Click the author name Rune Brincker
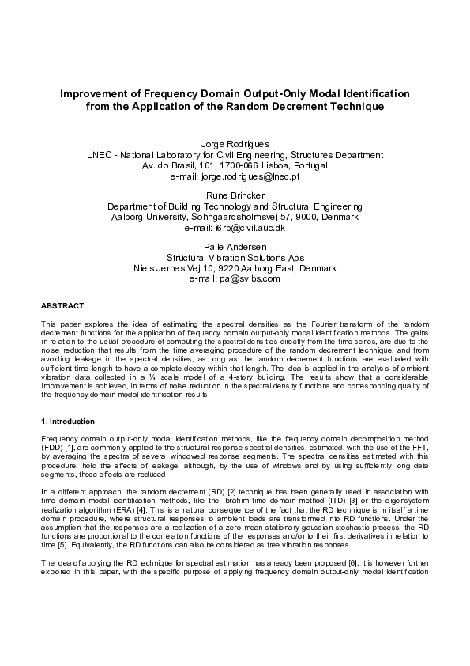click(x=235, y=195)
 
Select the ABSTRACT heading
click(x=62, y=305)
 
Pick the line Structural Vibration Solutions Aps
click(x=235, y=257)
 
